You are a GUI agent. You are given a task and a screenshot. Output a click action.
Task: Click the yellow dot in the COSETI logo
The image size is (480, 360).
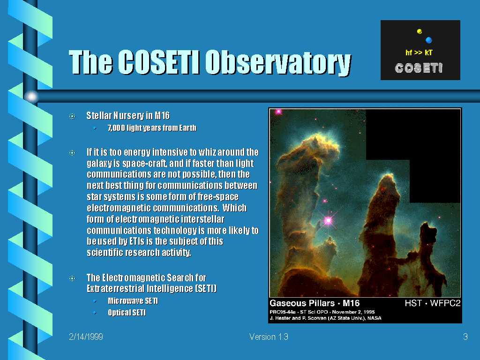click(420, 31)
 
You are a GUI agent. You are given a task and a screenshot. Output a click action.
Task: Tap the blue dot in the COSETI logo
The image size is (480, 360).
click(429, 40)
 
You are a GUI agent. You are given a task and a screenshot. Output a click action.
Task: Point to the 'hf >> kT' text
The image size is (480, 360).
click(419, 52)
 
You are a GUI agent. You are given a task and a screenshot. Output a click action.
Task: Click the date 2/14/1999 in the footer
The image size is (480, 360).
click(86, 337)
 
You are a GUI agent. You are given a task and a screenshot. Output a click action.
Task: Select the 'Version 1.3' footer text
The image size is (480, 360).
click(269, 337)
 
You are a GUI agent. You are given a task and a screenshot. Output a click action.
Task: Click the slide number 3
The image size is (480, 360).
click(465, 337)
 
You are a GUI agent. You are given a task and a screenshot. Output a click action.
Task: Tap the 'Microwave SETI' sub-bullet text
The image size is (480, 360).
click(133, 301)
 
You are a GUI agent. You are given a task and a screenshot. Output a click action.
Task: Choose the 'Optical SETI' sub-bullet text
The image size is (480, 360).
click(127, 313)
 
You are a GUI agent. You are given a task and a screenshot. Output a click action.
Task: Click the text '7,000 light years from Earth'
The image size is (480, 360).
click(152, 127)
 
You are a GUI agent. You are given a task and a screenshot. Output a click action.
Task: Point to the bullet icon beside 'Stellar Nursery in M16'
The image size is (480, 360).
click(72, 116)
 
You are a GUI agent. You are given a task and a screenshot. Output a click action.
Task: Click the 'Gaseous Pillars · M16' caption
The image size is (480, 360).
click(315, 303)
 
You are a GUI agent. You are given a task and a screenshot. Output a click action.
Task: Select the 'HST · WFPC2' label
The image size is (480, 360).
click(433, 303)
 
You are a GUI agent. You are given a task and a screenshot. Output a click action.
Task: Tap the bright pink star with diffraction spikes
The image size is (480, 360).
click(328, 220)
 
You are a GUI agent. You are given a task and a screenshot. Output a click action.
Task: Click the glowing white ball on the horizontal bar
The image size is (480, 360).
click(31, 97)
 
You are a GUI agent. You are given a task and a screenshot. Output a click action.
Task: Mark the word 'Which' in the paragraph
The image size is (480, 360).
click(234, 208)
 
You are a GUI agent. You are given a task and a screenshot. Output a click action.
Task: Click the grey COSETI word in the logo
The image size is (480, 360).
click(419, 68)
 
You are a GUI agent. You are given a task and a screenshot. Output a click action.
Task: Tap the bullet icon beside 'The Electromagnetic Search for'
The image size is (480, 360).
click(72, 278)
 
